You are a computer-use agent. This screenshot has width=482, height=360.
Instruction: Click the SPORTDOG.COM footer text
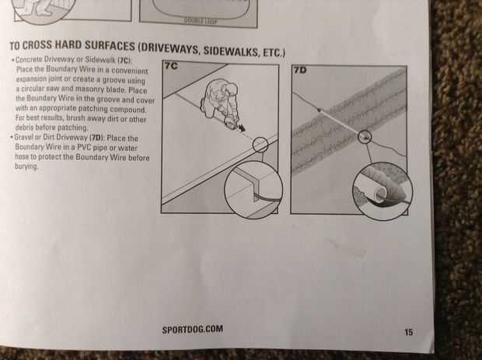pyautogui.click(x=193, y=329)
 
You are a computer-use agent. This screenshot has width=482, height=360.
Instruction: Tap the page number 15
pyautogui.click(x=408, y=332)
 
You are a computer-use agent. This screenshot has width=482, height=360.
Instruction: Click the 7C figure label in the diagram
pyautogui.click(x=171, y=65)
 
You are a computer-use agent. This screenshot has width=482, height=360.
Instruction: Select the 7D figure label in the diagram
pyautogui.click(x=300, y=71)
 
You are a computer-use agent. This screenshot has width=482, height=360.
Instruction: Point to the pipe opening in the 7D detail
pyautogui.click(x=381, y=194)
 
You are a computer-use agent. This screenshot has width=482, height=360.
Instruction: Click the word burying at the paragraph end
pyautogui.click(x=26, y=166)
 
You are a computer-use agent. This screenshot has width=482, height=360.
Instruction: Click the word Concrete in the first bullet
pyautogui.click(x=29, y=59)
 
